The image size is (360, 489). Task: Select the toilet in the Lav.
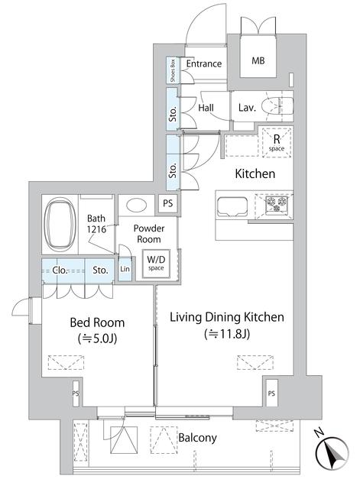(276, 107)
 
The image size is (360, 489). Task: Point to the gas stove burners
(276, 204)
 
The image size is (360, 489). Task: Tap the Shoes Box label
(174, 70)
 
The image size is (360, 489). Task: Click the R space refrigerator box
(275, 142)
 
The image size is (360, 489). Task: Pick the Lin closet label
(125, 270)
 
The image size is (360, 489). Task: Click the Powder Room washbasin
(138, 206)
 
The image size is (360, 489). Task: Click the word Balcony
(198, 438)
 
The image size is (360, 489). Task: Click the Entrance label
(203, 63)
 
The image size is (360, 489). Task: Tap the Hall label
(206, 108)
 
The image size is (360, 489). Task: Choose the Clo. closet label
(61, 270)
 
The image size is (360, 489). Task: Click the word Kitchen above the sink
(255, 174)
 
